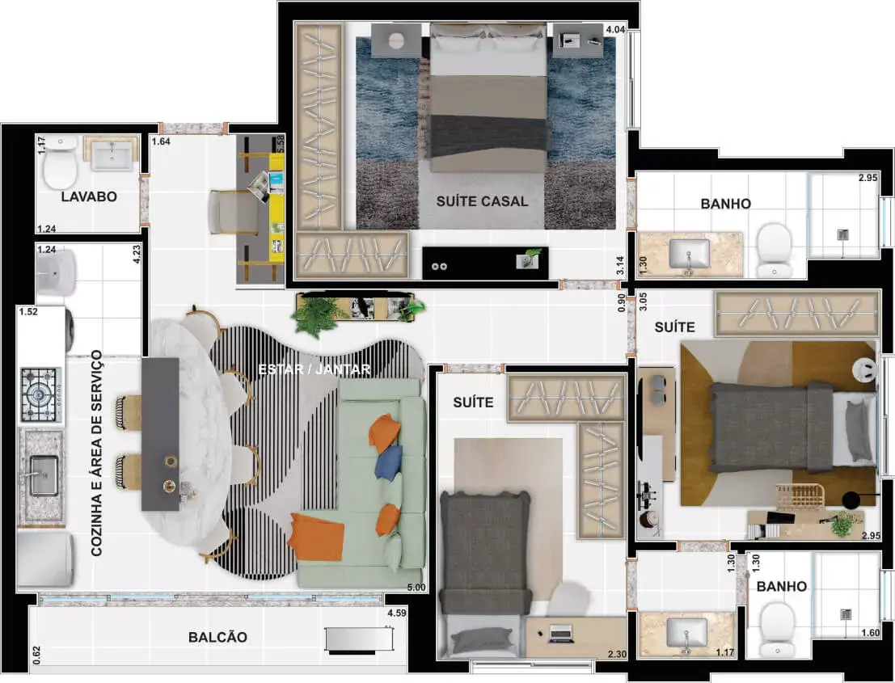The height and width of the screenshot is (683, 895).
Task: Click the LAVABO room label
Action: [89, 197]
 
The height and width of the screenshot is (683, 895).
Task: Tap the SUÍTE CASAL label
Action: [483, 201]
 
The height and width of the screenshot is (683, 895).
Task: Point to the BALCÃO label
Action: [218, 638]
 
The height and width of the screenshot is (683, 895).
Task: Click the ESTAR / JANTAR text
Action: [315, 369]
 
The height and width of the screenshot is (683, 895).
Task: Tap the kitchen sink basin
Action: [44, 474]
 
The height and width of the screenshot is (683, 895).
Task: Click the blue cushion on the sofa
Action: [389, 462]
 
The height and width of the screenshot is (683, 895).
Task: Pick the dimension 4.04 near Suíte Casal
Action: [615, 30]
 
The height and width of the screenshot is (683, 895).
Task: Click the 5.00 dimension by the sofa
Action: [416, 588]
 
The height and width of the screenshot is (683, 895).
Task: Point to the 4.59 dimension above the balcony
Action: [397, 613]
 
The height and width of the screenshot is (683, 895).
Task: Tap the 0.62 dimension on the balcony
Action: [37, 655]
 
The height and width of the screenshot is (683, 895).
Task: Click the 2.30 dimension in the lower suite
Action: [617, 655]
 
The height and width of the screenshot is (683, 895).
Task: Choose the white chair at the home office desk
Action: [230, 213]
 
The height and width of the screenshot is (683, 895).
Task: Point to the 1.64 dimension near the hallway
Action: [161, 141]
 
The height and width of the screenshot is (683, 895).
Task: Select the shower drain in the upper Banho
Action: [842, 234]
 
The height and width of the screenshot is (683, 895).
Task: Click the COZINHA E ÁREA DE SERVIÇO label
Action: [96, 453]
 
